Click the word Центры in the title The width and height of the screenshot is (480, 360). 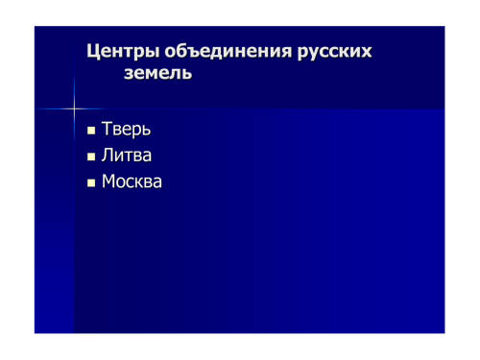123,52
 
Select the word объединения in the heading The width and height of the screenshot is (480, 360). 228,51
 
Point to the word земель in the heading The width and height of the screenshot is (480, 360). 157,73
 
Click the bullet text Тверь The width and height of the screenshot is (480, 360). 126,129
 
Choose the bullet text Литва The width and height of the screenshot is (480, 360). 127,156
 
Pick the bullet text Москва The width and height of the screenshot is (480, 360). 132,181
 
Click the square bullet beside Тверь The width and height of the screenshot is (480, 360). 91,131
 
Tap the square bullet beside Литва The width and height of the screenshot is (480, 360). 91,156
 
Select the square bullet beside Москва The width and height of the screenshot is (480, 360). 91,183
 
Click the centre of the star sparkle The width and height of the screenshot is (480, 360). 74,108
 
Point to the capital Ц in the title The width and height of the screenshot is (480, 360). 92,52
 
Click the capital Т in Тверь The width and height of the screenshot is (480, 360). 107,129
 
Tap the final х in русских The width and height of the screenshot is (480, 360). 367,53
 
